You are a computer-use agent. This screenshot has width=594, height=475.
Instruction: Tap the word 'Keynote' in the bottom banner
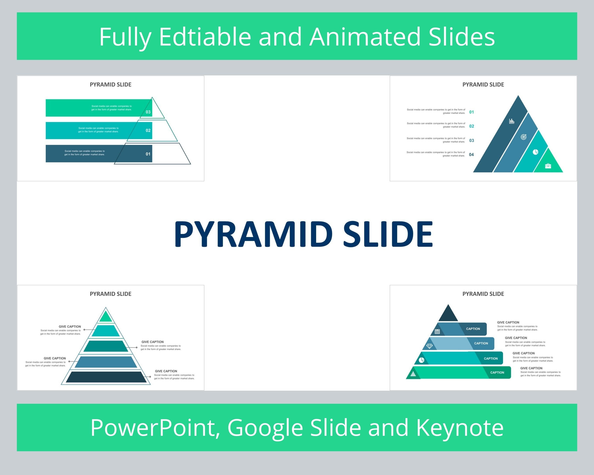coord(460,428)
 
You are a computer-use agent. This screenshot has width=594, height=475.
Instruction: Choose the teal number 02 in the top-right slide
coord(472,126)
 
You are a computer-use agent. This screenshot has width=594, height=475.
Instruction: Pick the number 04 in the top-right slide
coord(471,155)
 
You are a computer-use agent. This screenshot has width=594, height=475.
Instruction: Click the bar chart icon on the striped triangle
coord(512,121)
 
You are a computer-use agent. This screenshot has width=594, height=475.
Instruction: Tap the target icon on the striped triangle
coord(524,137)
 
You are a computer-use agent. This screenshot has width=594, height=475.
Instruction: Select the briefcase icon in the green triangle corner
coord(548,166)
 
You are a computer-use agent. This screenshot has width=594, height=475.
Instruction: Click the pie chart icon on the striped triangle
coord(535,152)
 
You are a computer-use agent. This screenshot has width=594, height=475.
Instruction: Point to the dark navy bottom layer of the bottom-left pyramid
coord(106,377)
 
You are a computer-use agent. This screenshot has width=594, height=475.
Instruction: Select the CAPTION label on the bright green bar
coord(497,372)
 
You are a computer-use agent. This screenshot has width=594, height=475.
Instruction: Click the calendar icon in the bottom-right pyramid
coord(437,332)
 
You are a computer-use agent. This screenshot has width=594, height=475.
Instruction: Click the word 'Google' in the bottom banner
coord(265,428)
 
